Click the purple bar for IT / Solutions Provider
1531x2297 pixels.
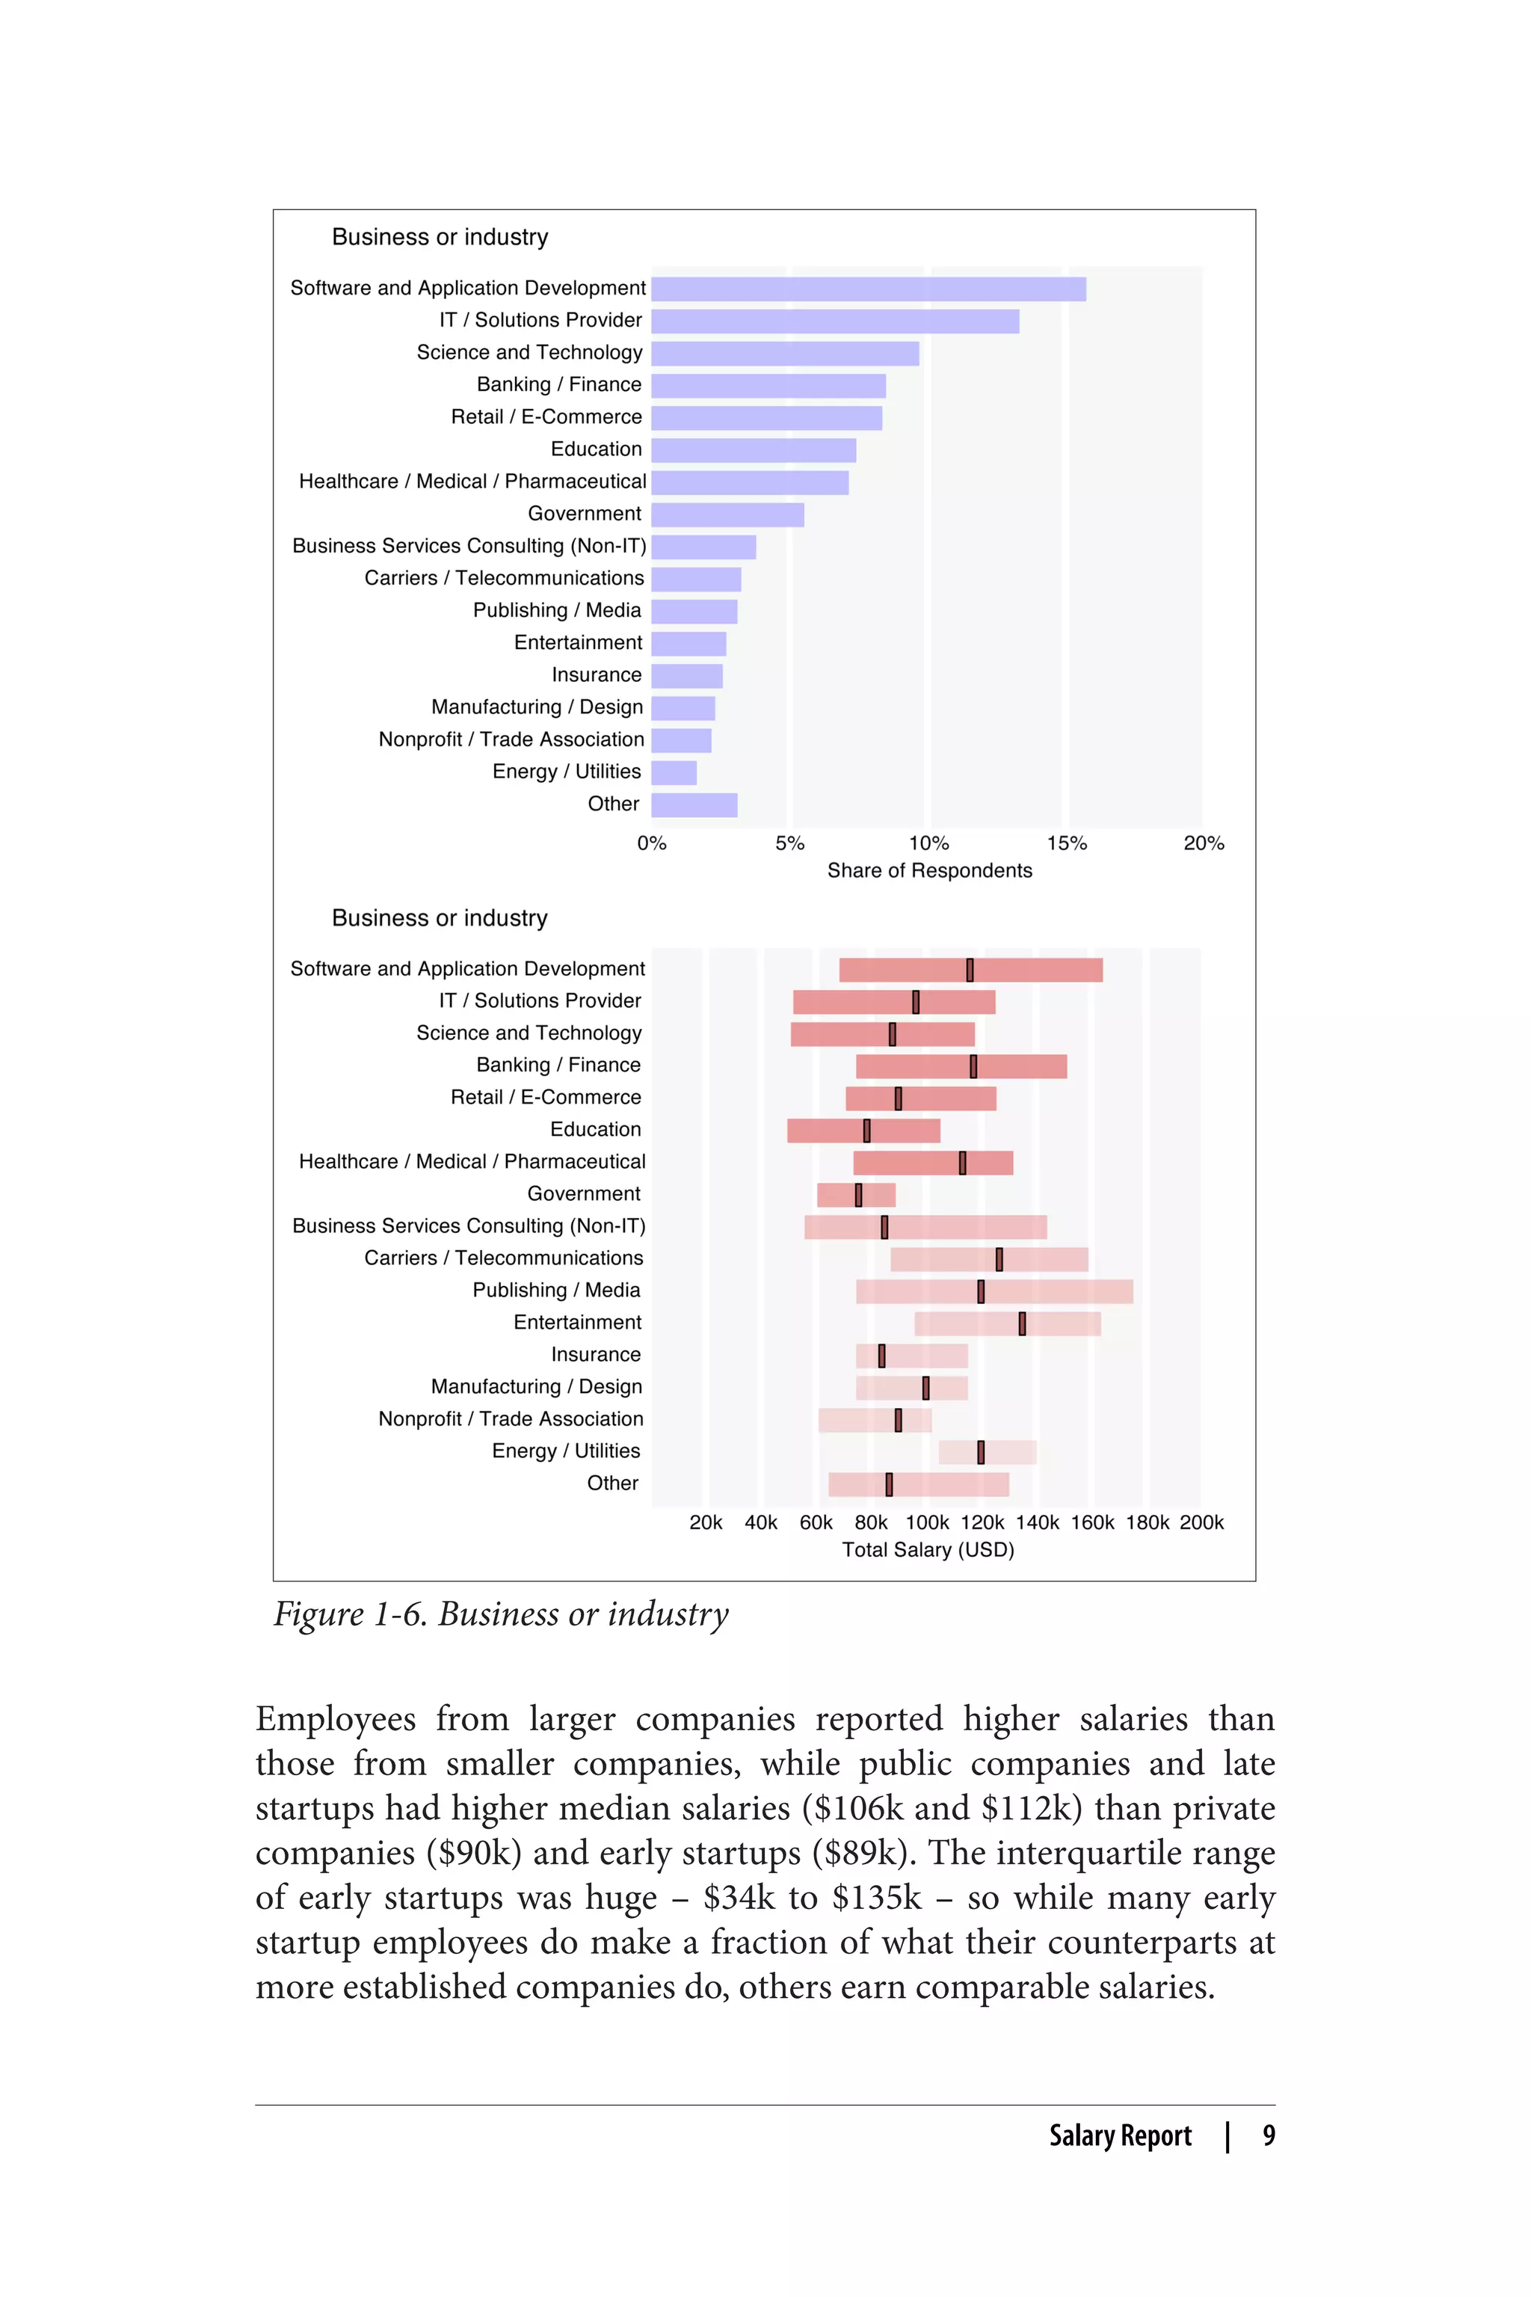click(x=835, y=322)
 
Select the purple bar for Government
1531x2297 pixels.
click(x=727, y=514)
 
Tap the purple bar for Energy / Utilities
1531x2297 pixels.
click(x=674, y=772)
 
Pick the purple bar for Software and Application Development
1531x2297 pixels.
click(x=868, y=289)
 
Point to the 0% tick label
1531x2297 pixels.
click(x=651, y=843)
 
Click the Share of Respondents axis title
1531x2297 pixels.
click(x=928, y=870)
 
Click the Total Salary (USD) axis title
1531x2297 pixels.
click(x=928, y=1549)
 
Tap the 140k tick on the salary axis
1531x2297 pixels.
click(x=1037, y=1522)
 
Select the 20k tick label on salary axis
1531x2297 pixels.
click(x=706, y=1522)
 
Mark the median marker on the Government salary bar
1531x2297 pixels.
click(x=858, y=1194)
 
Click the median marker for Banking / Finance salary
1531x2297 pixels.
click(x=973, y=1066)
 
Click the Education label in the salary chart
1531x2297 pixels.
click(x=596, y=1129)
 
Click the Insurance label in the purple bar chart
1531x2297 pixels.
click(x=596, y=675)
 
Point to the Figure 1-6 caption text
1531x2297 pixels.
click(x=501, y=1614)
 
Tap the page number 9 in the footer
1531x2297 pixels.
click(x=1269, y=2135)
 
